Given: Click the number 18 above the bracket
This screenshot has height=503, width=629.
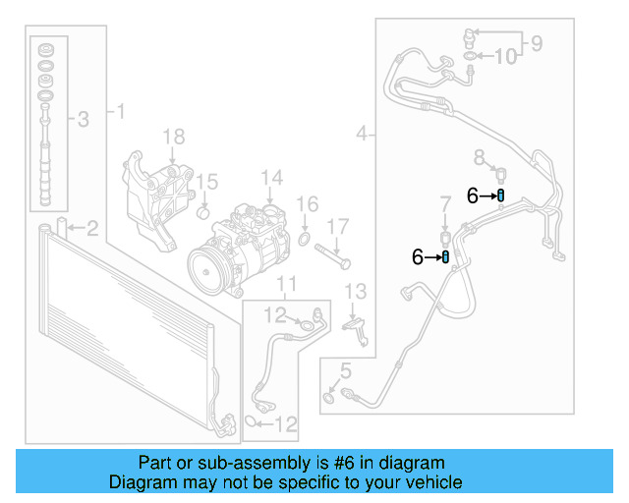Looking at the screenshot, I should pyautogui.click(x=173, y=136).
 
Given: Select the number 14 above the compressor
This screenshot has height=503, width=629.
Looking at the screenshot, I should pyautogui.click(x=271, y=178).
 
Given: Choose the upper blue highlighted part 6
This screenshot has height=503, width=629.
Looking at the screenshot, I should pyautogui.click(x=501, y=196).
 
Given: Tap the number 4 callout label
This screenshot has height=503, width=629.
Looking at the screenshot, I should pyautogui.click(x=362, y=133).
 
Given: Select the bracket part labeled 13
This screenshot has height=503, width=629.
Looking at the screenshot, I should pyautogui.click(x=357, y=328).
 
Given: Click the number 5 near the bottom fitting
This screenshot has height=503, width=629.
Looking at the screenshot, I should pyautogui.click(x=344, y=370).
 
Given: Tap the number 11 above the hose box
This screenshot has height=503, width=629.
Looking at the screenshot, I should pyautogui.click(x=285, y=286).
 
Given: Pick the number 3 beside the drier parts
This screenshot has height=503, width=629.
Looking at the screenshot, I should pyautogui.click(x=83, y=120).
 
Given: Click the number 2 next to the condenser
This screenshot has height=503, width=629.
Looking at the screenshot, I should pyautogui.click(x=91, y=230).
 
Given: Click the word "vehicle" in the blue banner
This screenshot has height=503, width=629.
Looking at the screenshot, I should pyautogui.click(x=429, y=482).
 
